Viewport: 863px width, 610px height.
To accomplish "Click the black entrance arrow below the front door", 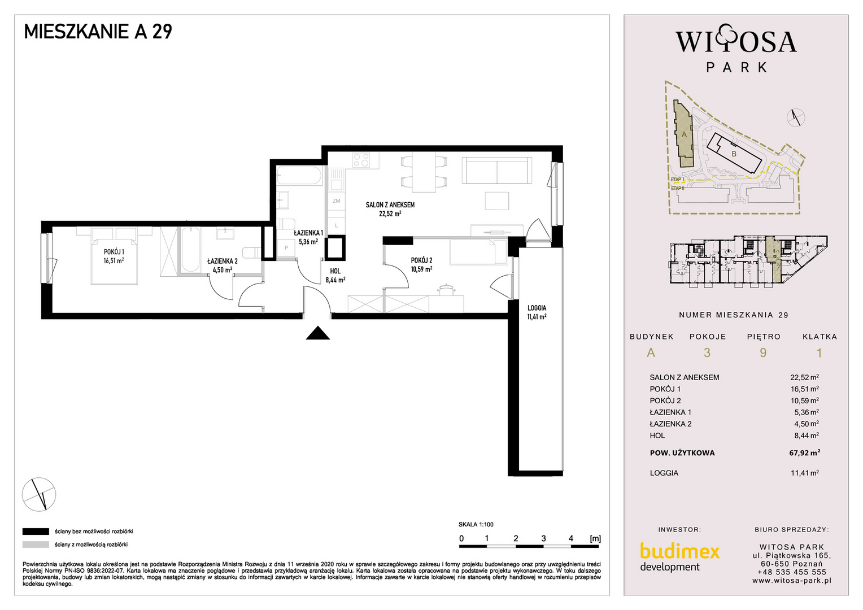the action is pos(318,333).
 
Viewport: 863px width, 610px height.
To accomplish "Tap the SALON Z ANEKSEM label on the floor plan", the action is pos(390,205).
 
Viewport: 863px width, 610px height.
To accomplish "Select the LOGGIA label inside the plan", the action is pos(537,308).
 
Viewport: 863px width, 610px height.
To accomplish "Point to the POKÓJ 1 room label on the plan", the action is pos(114,252).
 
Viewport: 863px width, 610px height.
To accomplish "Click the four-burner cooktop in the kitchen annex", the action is pos(361,160).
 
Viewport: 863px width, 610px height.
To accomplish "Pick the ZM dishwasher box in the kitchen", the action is pos(337,201).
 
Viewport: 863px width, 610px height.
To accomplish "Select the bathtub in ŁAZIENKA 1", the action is pos(299,176).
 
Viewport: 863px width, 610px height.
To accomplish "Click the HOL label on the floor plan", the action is pos(335,271).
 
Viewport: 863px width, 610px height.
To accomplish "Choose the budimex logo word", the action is pos(679,551).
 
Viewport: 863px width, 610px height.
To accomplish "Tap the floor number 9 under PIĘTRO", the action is pos(763,352).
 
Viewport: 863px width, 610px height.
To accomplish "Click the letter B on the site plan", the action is pos(734,154).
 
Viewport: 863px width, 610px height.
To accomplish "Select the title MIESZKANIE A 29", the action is pos(98,32).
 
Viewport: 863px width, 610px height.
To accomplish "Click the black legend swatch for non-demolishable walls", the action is pos(36,532).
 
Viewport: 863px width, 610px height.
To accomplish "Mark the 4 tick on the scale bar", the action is pos(571,539).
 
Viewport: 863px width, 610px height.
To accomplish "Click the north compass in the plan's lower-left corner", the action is pos(39,494).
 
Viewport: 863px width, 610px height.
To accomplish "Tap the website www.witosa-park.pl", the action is pos(792,581).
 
